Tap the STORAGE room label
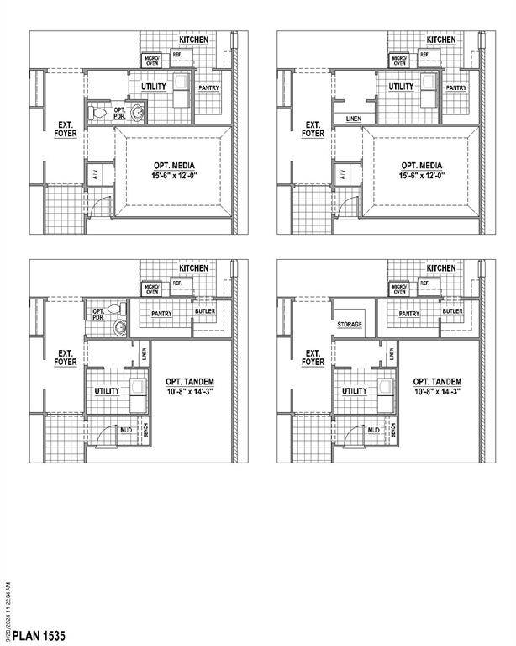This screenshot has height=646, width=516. click(x=349, y=324)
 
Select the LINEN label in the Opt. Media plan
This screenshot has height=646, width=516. click(x=354, y=119)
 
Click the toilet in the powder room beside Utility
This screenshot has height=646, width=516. click(x=97, y=112)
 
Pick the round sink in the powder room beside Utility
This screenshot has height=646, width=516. click(x=137, y=109)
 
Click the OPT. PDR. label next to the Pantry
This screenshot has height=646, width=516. click(x=98, y=315)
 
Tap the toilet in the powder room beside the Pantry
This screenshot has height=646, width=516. click(x=118, y=307)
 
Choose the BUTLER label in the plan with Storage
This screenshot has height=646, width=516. click(x=452, y=311)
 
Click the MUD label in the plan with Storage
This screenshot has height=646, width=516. click(x=373, y=430)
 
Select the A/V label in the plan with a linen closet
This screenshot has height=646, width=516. click(x=343, y=174)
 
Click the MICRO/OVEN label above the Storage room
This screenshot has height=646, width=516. click(x=399, y=289)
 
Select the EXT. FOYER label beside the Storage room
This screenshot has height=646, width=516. click(x=313, y=357)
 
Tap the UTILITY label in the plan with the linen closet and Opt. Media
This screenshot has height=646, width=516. click(x=402, y=87)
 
